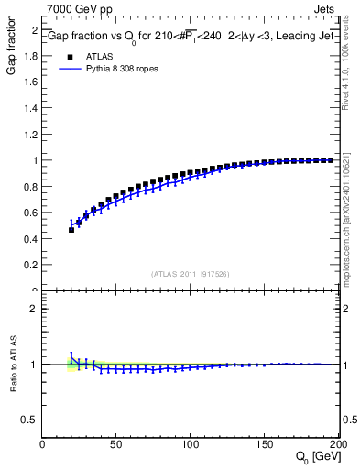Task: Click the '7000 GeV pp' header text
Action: [76, 8]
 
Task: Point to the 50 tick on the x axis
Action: [116, 445]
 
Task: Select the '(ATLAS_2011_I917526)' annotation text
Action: [191, 274]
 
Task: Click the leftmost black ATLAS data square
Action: [71, 230]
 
